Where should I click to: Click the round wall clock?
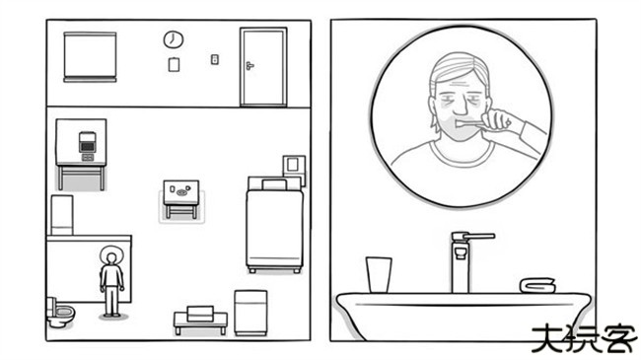click(x=174, y=39)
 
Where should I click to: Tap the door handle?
click(x=249, y=65)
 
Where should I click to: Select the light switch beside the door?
click(x=215, y=60)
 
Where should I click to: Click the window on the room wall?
click(x=90, y=57)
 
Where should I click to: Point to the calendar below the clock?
click(x=174, y=64)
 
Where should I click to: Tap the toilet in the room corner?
click(x=60, y=312)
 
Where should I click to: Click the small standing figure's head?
click(x=110, y=258)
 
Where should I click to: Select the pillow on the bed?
click(x=274, y=184)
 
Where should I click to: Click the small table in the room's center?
click(x=181, y=199)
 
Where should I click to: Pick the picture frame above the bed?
click(x=294, y=166)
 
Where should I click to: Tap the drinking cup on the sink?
click(x=379, y=274)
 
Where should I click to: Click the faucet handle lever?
click(x=478, y=236)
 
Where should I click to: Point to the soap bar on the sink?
click(x=537, y=285)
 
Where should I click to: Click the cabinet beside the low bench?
click(x=250, y=313)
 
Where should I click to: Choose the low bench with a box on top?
click(x=200, y=321)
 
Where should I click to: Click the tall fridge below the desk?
click(x=62, y=215)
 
